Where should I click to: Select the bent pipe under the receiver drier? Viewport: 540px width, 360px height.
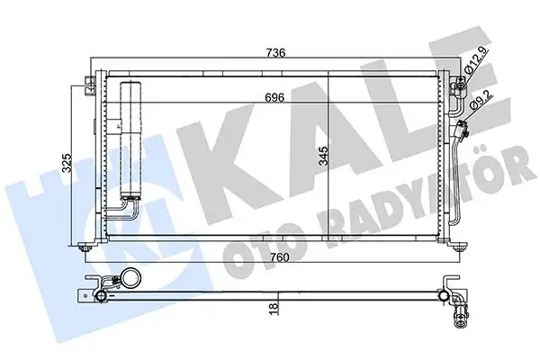click(119, 213)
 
